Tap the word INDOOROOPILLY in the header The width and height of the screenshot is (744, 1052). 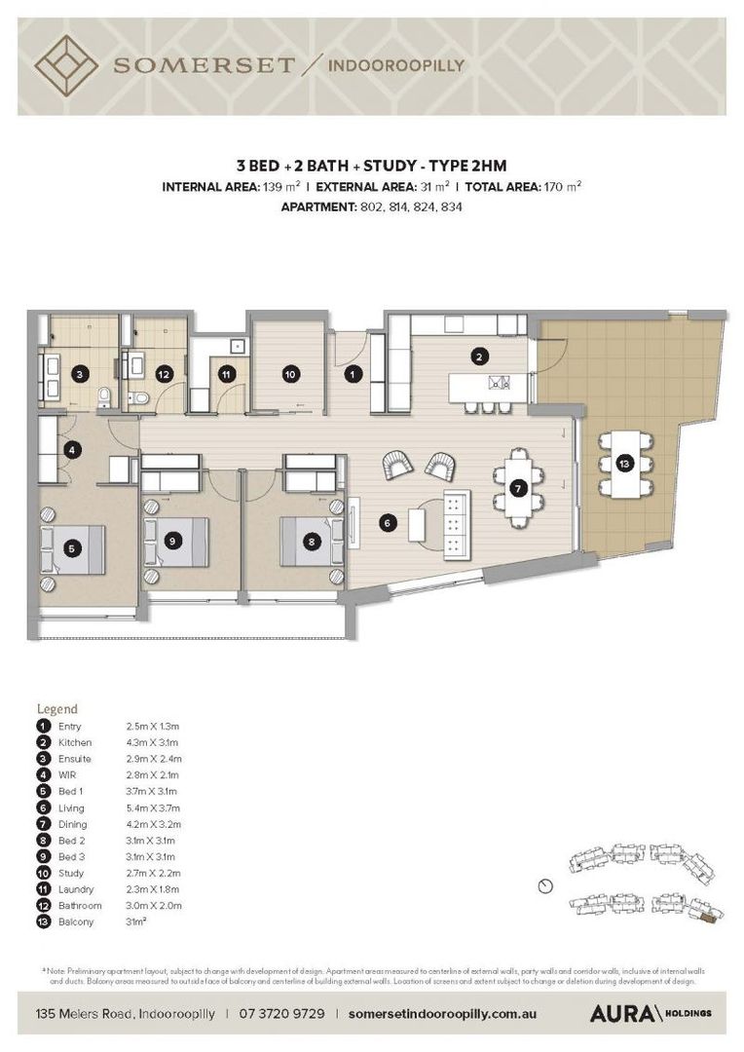point(397,65)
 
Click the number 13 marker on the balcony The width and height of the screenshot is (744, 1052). point(623,464)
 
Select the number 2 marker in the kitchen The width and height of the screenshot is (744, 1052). point(478,357)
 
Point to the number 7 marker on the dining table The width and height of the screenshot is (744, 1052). point(519,487)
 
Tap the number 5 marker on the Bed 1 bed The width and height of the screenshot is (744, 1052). point(69,548)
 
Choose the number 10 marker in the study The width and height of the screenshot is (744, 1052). point(289,373)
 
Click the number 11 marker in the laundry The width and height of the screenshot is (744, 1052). point(226,373)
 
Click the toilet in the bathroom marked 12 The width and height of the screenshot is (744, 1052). point(140,397)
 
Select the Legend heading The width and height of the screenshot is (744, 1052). point(56,709)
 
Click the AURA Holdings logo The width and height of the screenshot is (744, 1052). point(650,1013)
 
